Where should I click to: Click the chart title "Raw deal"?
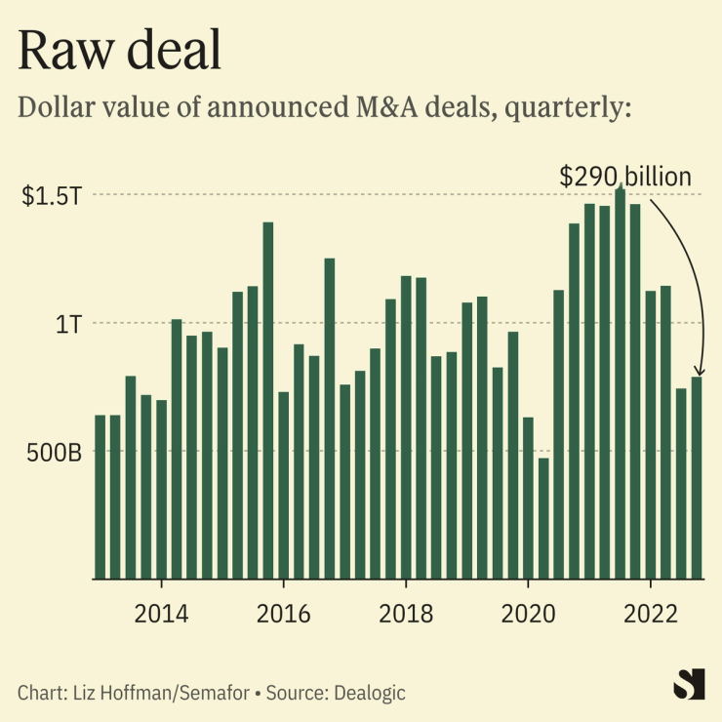pyautogui.click(x=120, y=51)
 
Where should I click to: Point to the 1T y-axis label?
pyautogui.click(x=66, y=323)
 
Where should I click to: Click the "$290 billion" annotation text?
pyautogui.click(x=624, y=177)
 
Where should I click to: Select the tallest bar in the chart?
pyautogui.click(x=621, y=381)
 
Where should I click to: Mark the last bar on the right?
pyautogui.click(x=697, y=478)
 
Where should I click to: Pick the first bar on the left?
pyautogui.click(x=100, y=497)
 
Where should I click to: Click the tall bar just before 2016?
pyautogui.click(x=268, y=400)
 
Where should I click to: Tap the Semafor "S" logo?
pyautogui.click(x=689, y=684)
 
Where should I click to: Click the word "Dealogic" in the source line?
pyautogui.click(x=369, y=693)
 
